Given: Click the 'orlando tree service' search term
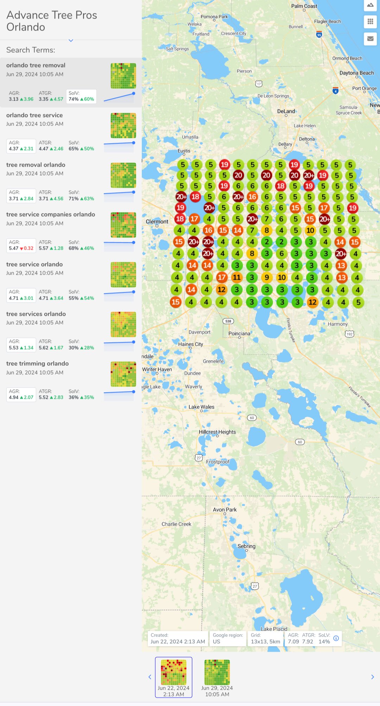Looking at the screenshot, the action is click(x=34, y=115).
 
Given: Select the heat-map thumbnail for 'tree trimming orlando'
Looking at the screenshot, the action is click(x=123, y=374).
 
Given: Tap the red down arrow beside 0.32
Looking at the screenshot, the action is click(x=21, y=249).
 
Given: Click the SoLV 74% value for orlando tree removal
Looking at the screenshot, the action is click(x=74, y=99).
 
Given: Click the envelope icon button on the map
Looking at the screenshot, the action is click(x=370, y=38).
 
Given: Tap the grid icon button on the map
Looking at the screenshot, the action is click(x=370, y=21).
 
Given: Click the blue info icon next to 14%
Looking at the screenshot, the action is click(x=336, y=638).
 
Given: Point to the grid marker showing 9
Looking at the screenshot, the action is click(x=267, y=278).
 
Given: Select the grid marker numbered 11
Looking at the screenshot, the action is click(x=237, y=278).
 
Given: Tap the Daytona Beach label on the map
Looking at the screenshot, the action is click(x=356, y=73).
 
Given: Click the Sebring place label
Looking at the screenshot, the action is click(x=246, y=546).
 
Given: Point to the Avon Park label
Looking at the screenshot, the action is click(x=224, y=509).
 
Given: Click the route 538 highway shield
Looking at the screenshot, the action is click(x=228, y=321).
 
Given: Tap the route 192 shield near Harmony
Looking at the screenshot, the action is click(x=349, y=334).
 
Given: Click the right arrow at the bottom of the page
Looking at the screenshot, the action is click(x=373, y=677).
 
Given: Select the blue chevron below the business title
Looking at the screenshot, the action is click(x=71, y=40).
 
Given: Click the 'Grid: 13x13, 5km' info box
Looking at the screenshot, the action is click(x=265, y=638).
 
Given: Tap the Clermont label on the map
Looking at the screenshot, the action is click(x=157, y=222).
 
